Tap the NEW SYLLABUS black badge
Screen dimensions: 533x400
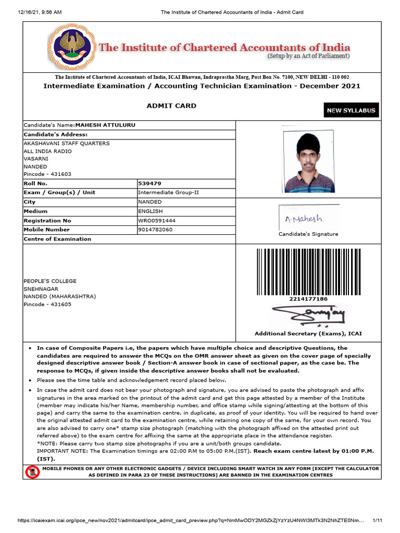pos(351,110)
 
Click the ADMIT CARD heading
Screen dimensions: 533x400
pos(171,106)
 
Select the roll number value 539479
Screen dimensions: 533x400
pos(149,183)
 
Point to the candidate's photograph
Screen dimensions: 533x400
pos(309,161)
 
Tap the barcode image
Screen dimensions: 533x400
pos(308,272)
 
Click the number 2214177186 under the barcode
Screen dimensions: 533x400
pos(308,299)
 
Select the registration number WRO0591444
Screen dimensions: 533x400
pos(157,221)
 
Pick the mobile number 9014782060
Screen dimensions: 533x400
pos(155,230)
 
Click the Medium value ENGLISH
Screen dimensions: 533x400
pos(151,211)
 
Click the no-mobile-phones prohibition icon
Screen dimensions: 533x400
pos(32,472)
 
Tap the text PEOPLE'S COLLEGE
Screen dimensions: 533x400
pos(50,281)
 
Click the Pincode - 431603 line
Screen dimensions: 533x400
pos(47,174)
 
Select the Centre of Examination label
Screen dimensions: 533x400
pos(57,239)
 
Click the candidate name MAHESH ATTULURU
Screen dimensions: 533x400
pos(106,125)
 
